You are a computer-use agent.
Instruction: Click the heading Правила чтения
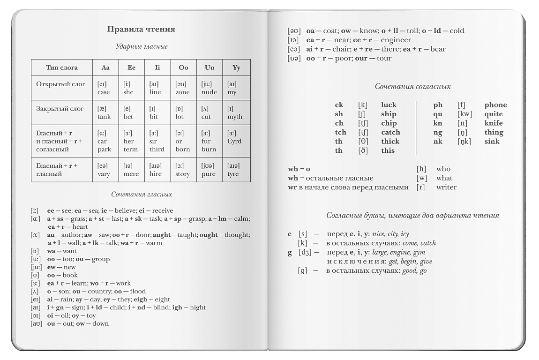141,29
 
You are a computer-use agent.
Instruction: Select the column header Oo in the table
183,67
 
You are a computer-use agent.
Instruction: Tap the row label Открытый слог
60,84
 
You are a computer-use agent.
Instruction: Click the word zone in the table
183,92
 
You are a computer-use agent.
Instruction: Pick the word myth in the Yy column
235,117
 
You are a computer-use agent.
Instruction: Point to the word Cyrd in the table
234,141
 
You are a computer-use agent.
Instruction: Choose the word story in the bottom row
182,174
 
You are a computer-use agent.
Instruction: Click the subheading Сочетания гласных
142,194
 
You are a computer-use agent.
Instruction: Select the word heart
80,227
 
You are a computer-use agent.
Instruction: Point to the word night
198,307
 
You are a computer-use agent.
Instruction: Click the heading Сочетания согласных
412,86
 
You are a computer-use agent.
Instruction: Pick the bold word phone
495,105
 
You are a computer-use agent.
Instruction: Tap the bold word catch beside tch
390,132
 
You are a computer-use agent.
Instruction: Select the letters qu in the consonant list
438,114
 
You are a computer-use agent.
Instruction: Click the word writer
446,187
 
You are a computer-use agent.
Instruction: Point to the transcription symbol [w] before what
422,178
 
